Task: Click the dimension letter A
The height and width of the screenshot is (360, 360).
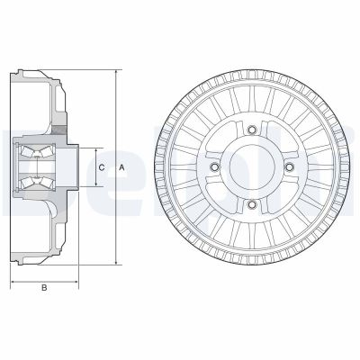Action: pyautogui.click(x=122, y=167)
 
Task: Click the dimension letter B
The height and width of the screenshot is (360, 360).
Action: pyautogui.click(x=44, y=289)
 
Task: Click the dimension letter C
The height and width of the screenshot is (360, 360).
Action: pyautogui.click(x=102, y=167)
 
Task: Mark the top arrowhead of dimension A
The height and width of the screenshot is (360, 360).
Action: pyautogui.click(x=115, y=71)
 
